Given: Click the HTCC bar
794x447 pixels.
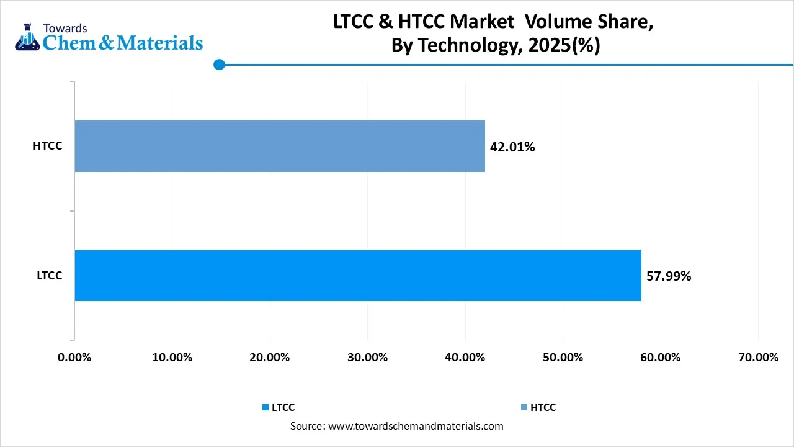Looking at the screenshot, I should (x=279, y=146).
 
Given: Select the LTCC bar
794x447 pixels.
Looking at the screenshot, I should (x=357, y=276).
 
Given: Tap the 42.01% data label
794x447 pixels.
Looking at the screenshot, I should (x=512, y=147).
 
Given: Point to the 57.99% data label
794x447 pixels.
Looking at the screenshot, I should (x=669, y=276).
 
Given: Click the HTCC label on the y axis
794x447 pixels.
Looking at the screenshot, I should (x=48, y=147).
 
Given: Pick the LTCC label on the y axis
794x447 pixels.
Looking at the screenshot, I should (x=49, y=276).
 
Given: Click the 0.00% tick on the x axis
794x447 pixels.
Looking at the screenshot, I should (x=74, y=358).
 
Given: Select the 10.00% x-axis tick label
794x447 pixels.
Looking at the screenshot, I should (x=172, y=358).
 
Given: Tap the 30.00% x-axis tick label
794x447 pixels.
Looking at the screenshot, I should (x=367, y=358).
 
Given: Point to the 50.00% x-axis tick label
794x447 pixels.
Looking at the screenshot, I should (x=563, y=358).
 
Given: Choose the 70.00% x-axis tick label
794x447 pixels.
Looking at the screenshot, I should (x=758, y=358).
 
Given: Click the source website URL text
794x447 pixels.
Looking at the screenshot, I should (x=415, y=426).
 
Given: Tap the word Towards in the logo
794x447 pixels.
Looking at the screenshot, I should (x=65, y=28).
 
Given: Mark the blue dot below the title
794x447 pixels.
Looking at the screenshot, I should (x=218, y=65).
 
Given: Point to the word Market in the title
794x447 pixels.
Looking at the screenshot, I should (x=482, y=22).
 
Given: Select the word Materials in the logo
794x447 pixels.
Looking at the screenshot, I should (x=160, y=42).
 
